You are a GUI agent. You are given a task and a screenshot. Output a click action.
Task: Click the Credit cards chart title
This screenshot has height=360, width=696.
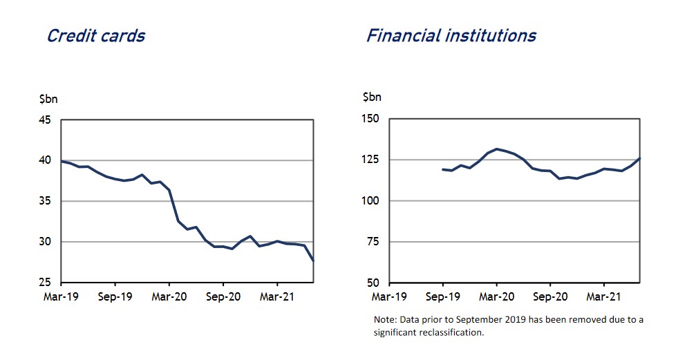[96, 36]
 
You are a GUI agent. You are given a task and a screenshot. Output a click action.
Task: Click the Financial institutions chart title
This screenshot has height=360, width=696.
[451, 35]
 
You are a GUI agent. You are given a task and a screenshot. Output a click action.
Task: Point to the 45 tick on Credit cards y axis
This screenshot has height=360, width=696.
[45, 120]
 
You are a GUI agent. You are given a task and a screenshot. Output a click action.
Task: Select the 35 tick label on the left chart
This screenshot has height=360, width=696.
[45, 201]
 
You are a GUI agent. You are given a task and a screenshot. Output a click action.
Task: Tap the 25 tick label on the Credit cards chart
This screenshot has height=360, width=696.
[45, 283]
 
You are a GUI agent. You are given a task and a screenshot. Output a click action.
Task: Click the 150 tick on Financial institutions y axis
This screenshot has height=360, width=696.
[370, 119]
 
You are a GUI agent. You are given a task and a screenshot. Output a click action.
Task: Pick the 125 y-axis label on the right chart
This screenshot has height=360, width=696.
[370, 160]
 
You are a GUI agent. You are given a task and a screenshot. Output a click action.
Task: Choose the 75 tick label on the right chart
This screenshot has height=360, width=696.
[373, 241]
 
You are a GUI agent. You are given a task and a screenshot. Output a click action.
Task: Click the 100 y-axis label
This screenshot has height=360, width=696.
[370, 200]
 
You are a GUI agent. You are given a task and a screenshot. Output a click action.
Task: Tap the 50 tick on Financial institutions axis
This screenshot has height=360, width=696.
[373, 283]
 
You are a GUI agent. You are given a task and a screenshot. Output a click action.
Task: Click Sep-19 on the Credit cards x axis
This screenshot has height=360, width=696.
[115, 296]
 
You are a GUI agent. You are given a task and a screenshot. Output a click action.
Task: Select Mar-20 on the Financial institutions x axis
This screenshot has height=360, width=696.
[496, 296]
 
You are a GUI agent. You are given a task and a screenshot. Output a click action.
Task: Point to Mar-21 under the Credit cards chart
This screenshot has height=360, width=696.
[277, 296]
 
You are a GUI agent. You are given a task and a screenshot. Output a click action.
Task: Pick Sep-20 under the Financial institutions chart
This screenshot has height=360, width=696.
[550, 296]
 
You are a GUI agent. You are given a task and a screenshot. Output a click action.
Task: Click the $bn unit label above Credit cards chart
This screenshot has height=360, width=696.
[48, 99]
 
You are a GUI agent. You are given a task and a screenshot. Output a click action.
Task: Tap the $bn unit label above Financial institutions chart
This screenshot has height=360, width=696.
[372, 97]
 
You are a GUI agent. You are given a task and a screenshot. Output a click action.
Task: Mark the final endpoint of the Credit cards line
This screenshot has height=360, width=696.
[313, 260]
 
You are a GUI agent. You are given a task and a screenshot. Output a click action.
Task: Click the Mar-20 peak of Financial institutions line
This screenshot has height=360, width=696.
[496, 149]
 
